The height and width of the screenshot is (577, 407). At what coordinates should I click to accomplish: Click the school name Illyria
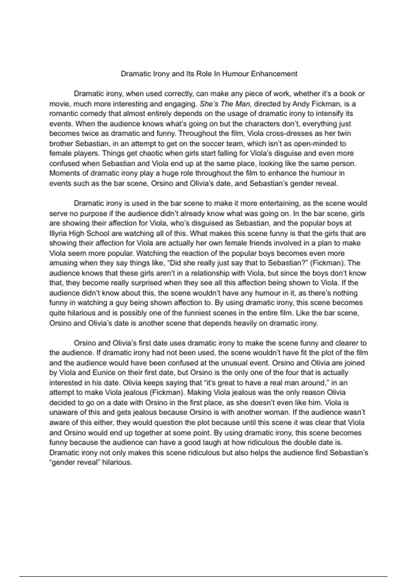(58, 234)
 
